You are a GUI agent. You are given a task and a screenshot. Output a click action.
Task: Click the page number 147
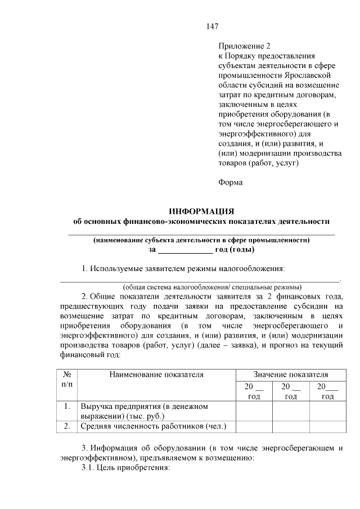pyautogui.click(x=212, y=26)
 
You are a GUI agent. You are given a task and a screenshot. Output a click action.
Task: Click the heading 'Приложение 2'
pyautogui.click(x=244, y=46)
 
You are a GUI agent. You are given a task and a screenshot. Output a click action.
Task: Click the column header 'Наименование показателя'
pyautogui.click(x=156, y=375)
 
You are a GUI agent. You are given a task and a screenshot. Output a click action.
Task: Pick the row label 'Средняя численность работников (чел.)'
pyautogui.click(x=153, y=427)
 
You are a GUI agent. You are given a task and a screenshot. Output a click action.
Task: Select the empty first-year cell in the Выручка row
pyautogui.click(x=254, y=411)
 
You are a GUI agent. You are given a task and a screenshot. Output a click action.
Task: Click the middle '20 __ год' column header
pyautogui.click(x=290, y=391)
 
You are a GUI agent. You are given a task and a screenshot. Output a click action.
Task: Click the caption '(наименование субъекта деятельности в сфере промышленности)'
pyautogui.click(x=201, y=240)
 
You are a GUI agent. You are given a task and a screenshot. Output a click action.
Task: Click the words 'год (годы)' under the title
pyautogui.click(x=235, y=250)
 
